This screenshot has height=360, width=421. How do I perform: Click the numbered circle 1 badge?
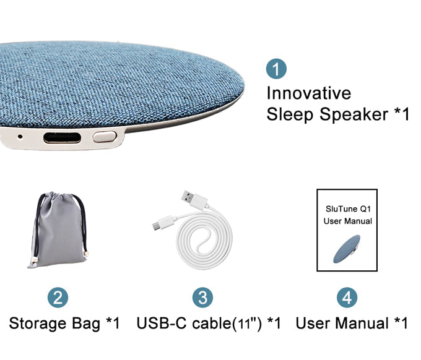(276, 69)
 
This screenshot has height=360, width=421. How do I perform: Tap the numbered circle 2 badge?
(58, 298)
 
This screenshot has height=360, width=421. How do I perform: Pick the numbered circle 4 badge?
(347, 298)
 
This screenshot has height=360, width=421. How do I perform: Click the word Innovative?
(308, 93)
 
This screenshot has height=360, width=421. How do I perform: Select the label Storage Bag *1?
(64, 323)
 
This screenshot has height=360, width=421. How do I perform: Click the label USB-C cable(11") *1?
(209, 323)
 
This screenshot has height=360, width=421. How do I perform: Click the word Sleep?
(290, 114)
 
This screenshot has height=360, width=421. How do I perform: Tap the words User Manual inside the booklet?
(348, 221)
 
